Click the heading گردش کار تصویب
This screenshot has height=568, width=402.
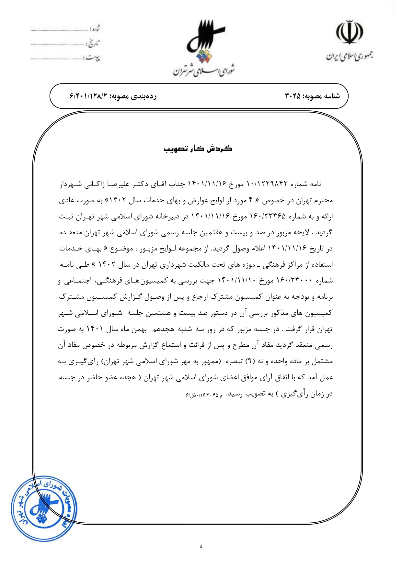click(x=198, y=149)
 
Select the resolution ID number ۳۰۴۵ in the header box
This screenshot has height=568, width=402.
click(x=293, y=96)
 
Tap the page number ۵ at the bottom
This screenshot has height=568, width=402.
click(x=201, y=547)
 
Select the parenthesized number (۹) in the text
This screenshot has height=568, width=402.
click(x=250, y=361)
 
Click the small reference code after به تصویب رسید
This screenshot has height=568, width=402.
click(x=204, y=395)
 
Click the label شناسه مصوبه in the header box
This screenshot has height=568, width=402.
click(x=322, y=96)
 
